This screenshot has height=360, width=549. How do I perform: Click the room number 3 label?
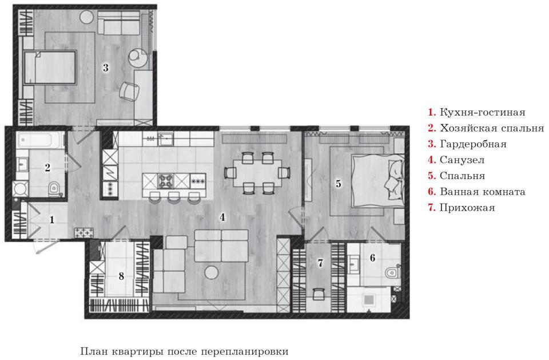point(106,68)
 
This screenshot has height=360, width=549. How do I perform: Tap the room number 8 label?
point(121,276)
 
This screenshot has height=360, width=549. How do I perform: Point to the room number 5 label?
point(338,183)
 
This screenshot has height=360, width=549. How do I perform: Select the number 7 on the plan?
point(320,263)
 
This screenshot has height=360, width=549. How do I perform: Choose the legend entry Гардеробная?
point(473,144)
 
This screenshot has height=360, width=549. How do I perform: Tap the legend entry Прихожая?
point(467,208)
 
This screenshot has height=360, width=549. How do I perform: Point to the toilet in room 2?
point(54,189)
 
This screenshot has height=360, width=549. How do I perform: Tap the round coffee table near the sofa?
point(212,272)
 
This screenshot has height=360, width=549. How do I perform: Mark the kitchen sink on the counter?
point(165,139)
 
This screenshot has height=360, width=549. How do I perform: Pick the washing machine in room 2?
point(21,189)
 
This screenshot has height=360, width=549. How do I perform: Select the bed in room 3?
point(50,68)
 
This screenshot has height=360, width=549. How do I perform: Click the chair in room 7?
point(319,294)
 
